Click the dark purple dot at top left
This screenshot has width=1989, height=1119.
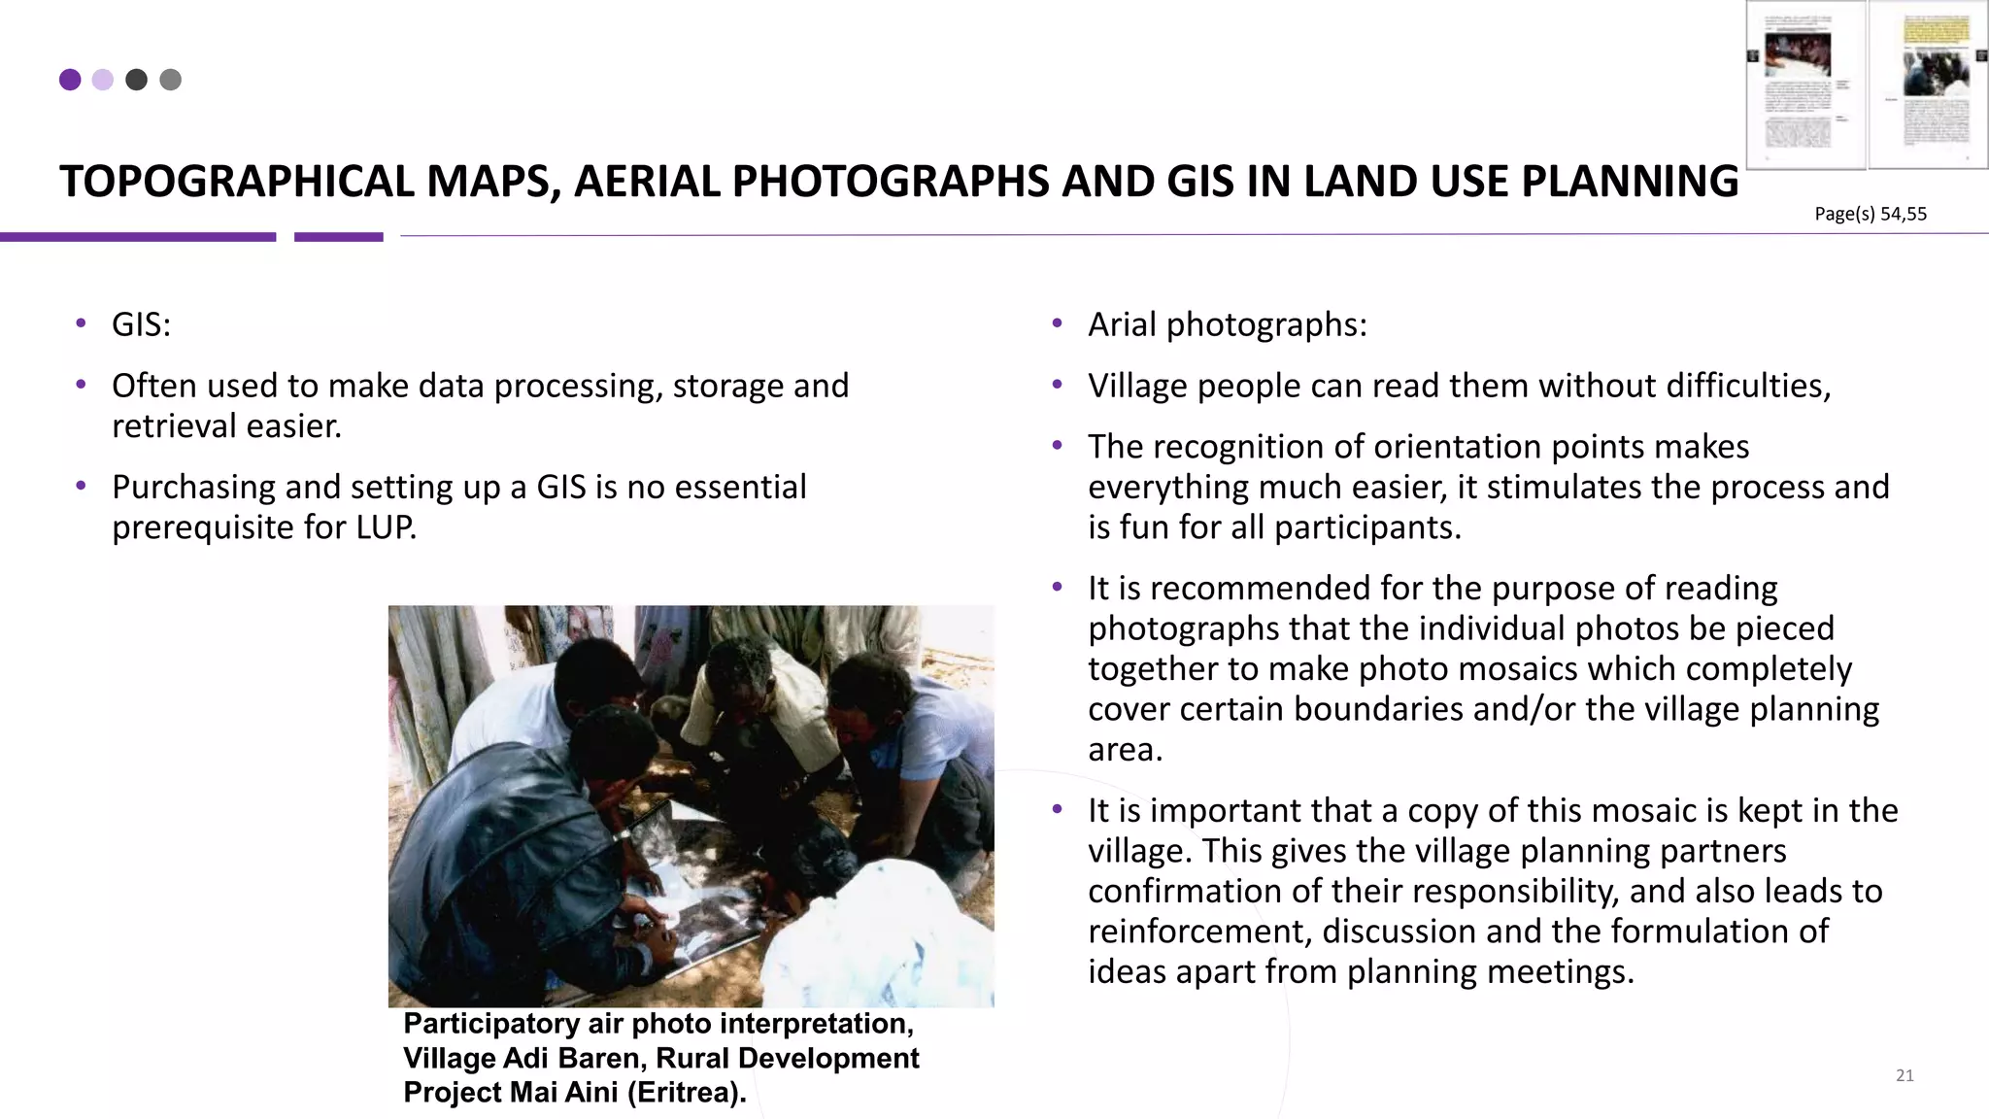point(70,80)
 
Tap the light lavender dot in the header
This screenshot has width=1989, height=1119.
point(103,80)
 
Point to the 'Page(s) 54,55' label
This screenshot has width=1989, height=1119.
point(1870,214)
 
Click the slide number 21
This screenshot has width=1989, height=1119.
point(1905,1075)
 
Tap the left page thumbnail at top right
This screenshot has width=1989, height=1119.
point(1805,85)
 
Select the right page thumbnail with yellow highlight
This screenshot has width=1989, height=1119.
point(1928,85)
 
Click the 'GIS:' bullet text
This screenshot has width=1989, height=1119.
point(141,324)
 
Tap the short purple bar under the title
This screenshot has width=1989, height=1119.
point(338,237)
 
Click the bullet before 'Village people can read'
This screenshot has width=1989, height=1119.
point(1058,386)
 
